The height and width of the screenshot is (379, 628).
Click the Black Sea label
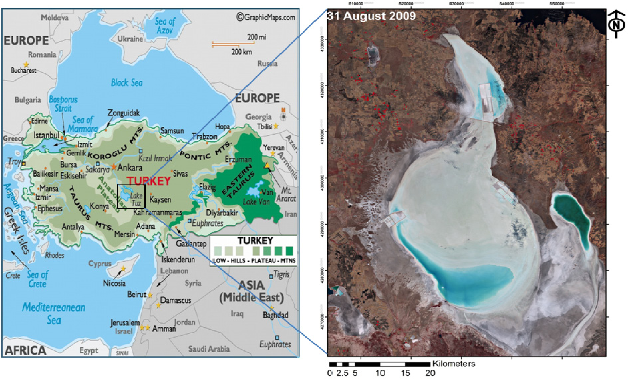127,83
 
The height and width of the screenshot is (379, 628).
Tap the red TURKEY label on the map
149,181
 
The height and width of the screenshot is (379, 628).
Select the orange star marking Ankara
114,167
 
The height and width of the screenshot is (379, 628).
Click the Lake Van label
256,202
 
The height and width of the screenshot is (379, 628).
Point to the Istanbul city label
46,135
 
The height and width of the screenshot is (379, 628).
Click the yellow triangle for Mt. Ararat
267,165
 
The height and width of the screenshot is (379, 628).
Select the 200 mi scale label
256,37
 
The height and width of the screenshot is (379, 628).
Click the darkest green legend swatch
289,251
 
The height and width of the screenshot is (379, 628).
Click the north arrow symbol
616,24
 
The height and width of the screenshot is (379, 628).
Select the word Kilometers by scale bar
454,363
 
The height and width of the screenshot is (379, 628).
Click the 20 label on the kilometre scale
430,373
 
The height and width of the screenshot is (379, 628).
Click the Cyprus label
100,263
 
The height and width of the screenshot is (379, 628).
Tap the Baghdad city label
275,315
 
